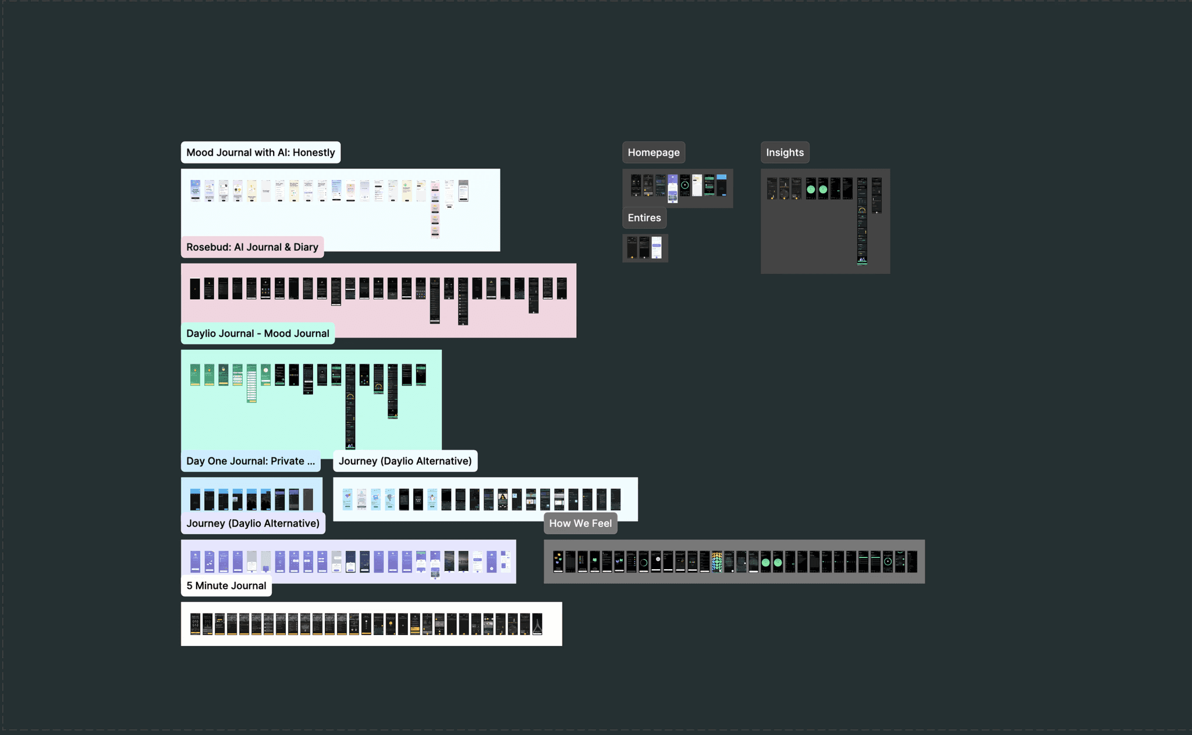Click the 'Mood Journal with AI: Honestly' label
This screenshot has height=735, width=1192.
pyautogui.click(x=260, y=152)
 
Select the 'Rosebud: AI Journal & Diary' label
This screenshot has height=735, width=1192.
pyautogui.click(x=252, y=247)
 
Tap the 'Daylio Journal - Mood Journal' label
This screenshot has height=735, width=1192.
pyautogui.click(x=257, y=333)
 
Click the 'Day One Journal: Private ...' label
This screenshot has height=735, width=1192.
pyautogui.click(x=250, y=461)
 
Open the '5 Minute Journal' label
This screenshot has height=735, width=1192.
pyautogui.click(x=226, y=585)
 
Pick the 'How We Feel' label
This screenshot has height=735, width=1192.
pyautogui.click(x=580, y=523)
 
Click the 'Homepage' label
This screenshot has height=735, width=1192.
pyautogui.click(x=653, y=152)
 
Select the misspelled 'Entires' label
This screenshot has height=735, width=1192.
pyautogui.click(x=644, y=218)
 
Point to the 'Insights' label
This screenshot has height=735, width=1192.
pyautogui.click(x=785, y=152)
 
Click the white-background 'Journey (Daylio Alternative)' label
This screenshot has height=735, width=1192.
pyautogui.click(x=405, y=461)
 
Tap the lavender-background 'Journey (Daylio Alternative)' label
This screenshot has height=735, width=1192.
pyautogui.click(x=253, y=523)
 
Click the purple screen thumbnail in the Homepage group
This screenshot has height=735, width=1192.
pyautogui.click(x=673, y=187)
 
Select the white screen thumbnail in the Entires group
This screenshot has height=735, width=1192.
pyautogui.click(x=657, y=247)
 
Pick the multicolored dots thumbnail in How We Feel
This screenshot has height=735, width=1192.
pyautogui.click(x=717, y=562)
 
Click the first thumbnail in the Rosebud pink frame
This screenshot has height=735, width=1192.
pyautogui.click(x=195, y=289)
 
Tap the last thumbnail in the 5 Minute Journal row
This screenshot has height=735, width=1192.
pyautogui.click(x=537, y=624)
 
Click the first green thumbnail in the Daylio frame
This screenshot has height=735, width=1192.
pyautogui.click(x=195, y=375)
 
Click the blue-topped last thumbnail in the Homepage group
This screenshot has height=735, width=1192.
pyautogui.click(x=722, y=184)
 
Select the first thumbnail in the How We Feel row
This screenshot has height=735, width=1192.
pyautogui.click(x=558, y=562)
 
